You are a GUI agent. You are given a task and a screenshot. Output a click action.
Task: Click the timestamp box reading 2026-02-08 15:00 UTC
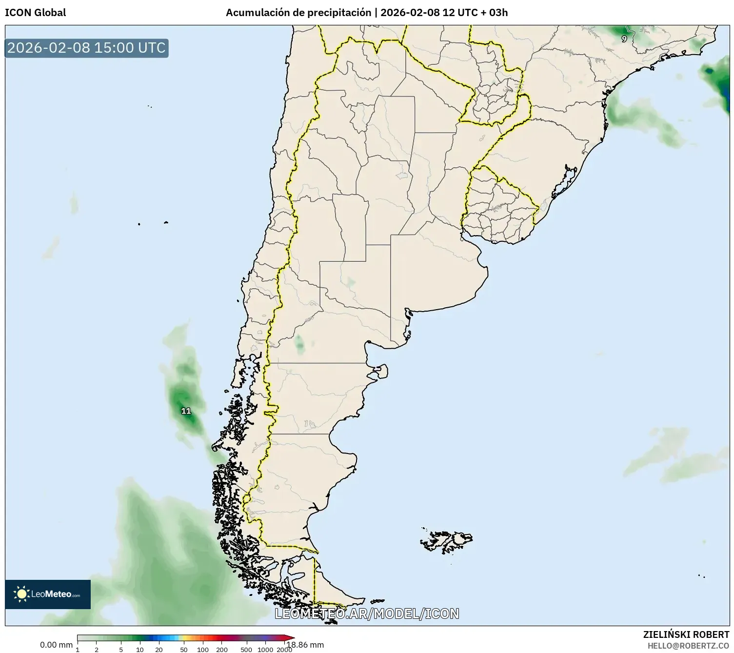coord(86,48)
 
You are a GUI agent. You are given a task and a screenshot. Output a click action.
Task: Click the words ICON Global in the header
coord(35,13)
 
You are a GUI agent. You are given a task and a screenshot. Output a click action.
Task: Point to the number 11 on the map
coord(186,411)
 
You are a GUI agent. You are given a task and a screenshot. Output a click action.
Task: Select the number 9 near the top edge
coord(624,39)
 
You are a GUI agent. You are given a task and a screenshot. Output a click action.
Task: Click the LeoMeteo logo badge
coord(48,594)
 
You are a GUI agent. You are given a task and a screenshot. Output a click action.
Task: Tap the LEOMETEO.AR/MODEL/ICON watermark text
coord(367,613)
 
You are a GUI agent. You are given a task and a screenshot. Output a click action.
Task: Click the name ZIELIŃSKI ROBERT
coord(686,634)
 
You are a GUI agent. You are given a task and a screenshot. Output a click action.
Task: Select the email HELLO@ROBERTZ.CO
coord(688,646)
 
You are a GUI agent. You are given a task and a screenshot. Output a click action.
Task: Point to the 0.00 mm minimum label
coord(56,645)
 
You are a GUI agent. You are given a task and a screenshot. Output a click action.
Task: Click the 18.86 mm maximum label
coord(305,645)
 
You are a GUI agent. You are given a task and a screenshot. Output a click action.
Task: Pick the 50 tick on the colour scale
coord(184,649)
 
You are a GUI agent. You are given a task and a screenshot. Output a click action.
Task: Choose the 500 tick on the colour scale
coord(246,649)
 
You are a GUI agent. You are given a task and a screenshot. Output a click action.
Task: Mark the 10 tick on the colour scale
coord(140,649)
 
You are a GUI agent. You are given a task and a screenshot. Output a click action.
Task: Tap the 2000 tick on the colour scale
coord(284,649)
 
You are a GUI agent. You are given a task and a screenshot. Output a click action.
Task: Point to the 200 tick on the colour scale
coord(222,649)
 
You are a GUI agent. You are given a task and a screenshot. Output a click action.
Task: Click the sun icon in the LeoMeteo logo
coord(22,594)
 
